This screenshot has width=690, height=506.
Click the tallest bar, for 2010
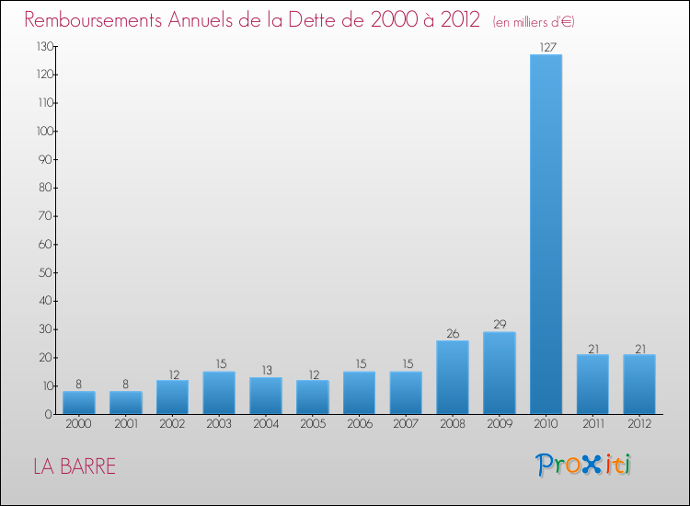(x=546, y=235)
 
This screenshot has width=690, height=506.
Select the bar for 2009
(x=499, y=373)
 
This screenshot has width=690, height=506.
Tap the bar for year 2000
(x=79, y=403)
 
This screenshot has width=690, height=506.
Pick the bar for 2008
(x=453, y=377)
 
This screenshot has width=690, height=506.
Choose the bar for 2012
(x=639, y=385)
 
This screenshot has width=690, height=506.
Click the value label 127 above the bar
(x=546, y=47)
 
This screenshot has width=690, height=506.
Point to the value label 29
(x=499, y=325)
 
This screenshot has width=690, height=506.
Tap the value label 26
(x=453, y=333)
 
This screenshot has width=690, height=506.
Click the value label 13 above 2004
(x=266, y=370)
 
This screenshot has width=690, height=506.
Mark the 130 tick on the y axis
(x=42, y=46)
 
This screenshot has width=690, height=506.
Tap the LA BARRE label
(x=75, y=466)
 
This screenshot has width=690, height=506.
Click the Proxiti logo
(x=584, y=465)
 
